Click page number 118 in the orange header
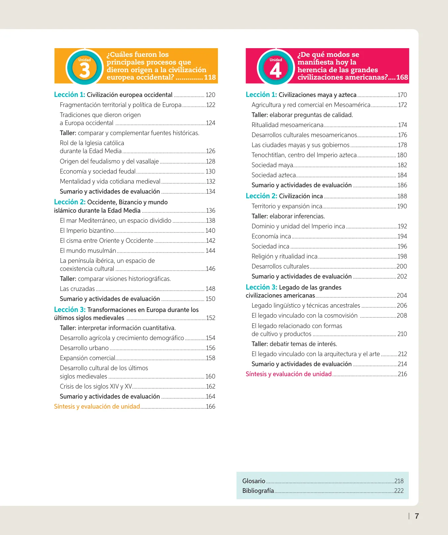pos(210,77)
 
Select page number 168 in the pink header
pos(402,77)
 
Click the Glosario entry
pos(254,481)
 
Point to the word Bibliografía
pos(258,491)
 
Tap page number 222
pos(399,491)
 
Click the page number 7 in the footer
pos(417,516)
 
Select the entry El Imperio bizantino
pos(87,230)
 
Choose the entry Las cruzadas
pos(77,289)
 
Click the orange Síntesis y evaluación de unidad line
pos(97,406)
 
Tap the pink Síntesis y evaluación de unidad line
pos(289,374)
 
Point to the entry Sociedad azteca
pos(274,175)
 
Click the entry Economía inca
pos(271,236)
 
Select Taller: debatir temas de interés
pos(294,344)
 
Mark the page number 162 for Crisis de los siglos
pos(210,386)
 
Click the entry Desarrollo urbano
pos(84,348)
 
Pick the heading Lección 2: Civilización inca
pos(284,196)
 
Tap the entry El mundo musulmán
pos(88,250)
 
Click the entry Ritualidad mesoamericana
pos(287,125)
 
